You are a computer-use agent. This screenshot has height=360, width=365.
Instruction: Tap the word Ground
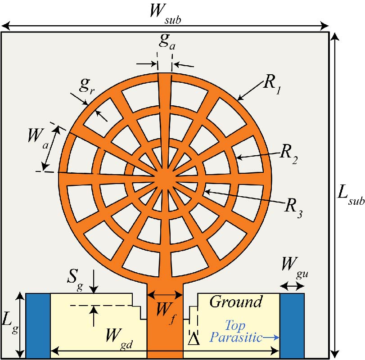click(x=236, y=301)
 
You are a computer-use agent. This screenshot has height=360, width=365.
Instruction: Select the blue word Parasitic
click(x=237, y=337)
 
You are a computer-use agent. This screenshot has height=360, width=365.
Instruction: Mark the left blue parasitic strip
click(x=38, y=325)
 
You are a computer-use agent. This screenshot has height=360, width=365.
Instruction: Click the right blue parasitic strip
click(x=292, y=325)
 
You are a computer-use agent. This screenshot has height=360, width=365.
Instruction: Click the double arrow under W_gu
click(x=292, y=285)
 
